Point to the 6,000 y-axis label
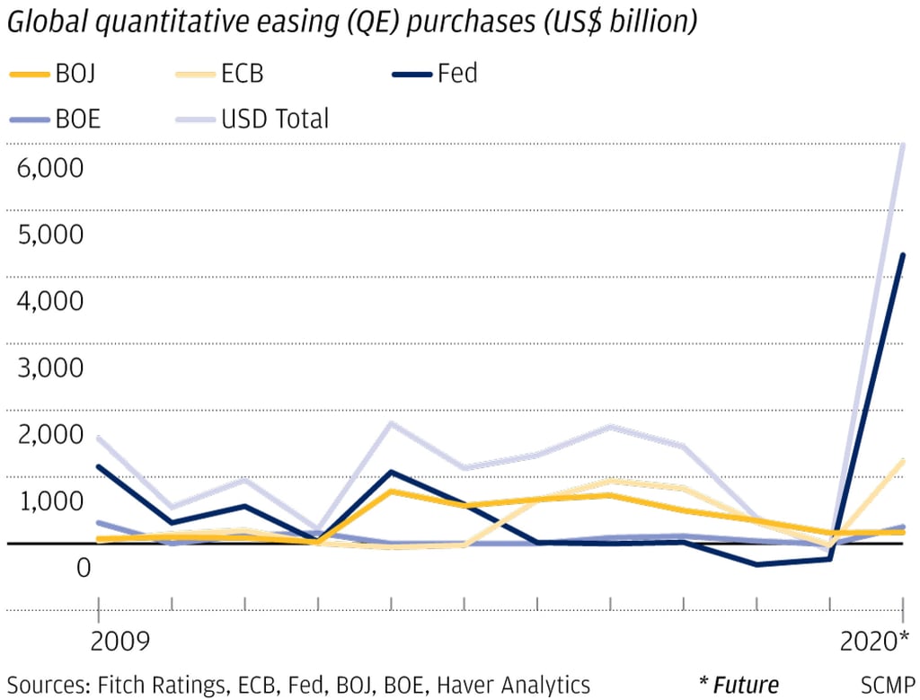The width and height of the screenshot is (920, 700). click(50, 168)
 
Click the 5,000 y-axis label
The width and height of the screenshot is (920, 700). click(50, 235)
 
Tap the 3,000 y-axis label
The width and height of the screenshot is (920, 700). click(50, 368)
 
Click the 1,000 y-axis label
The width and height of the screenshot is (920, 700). click(50, 501)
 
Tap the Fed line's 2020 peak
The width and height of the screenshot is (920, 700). click(902, 255)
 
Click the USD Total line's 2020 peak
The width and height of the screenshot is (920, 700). click(902, 145)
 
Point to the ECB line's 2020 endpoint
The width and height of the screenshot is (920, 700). click(902, 461)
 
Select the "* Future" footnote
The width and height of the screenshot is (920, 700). click(739, 684)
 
